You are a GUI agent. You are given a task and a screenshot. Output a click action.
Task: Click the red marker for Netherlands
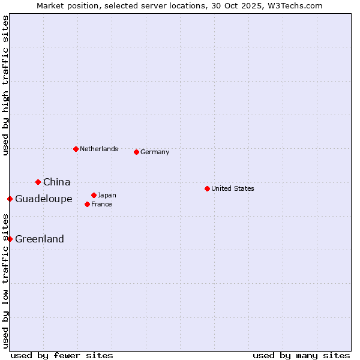[x=76, y=149]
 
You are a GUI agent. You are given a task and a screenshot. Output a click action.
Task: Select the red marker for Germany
[x=136, y=152]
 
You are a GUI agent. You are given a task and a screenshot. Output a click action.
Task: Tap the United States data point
[x=207, y=188]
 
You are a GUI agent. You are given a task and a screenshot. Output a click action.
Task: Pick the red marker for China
[x=38, y=182]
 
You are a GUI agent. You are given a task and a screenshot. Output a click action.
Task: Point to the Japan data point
[x=94, y=195]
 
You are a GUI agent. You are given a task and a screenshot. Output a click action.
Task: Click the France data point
[x=87, y=204]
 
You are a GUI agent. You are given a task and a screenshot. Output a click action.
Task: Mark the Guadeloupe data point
[x=10, y=199]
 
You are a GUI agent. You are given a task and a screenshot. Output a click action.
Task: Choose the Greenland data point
[x=10, y=239]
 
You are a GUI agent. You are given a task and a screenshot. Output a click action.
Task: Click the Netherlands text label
[x=99, y=149]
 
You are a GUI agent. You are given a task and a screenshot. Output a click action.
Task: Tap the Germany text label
[x=155, y=152]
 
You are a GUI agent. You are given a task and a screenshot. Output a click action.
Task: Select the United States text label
[x=233, y=188]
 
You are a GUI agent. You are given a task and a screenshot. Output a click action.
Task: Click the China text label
[x=57, y=182]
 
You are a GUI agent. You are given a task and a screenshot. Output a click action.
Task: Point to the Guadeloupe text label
[x=44, y=199]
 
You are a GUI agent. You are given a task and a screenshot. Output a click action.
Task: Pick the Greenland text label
[x=40, y=239]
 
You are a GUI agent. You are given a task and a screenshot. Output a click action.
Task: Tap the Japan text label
[x=107, y=195]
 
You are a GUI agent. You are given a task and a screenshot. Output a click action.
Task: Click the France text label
[x=101, y=204]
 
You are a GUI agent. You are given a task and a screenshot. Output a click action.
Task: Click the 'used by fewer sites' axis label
[x=62, y=355]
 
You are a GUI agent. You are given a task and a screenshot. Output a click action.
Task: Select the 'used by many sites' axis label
[x=301, y=355]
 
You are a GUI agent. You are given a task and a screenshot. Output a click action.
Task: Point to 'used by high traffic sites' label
[x=5, y=85]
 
